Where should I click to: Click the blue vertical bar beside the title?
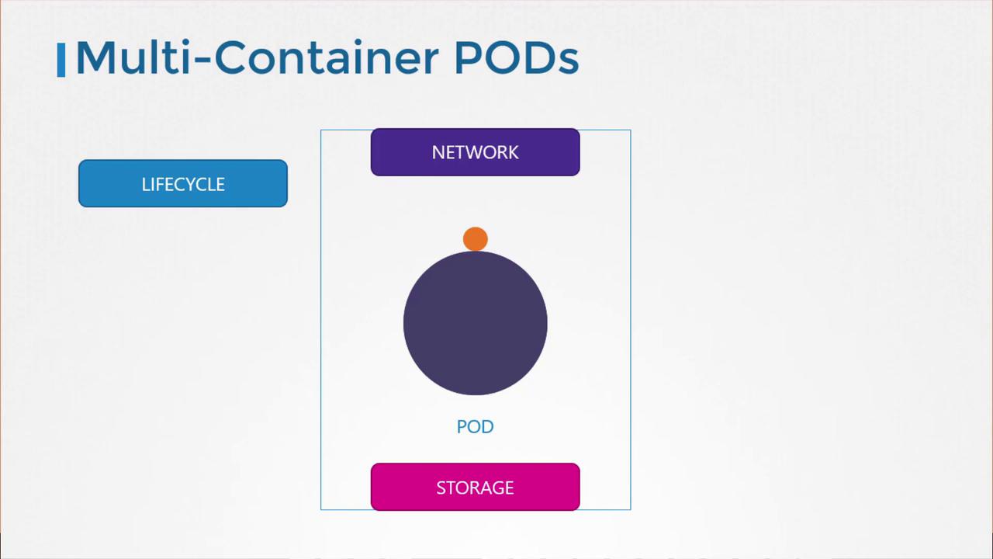click(61, 60)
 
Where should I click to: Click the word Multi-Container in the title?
click(258, 57)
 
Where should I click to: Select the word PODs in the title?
click(517, 57)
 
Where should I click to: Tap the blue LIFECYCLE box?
click(183, 183)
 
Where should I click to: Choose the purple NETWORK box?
click(476, 152)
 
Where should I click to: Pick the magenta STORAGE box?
click(476, 487)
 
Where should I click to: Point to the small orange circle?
click(476, 239)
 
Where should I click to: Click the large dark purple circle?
click(476, 323)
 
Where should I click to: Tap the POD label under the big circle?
click(476, 427)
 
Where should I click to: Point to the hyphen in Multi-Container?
click(202, 63)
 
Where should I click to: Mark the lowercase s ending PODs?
click(568, 63)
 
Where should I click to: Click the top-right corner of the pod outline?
click(631, 130)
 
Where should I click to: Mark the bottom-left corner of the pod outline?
click(321, 510)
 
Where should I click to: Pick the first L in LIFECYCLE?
click(145, 185)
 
